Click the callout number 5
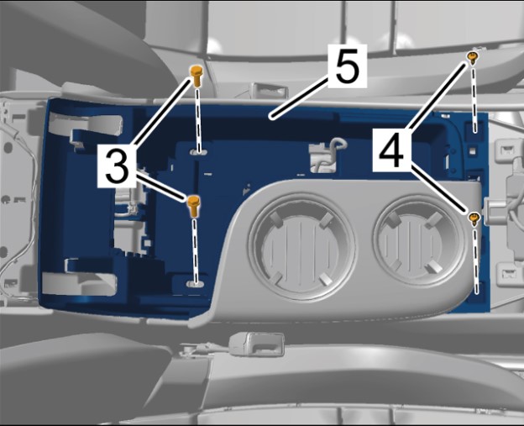coord(348,66)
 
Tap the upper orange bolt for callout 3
coord(196,76)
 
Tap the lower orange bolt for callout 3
coord(193,207)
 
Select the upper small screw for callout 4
coord(472,58)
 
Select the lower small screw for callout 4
coord(474,218)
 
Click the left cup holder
coord(301,245)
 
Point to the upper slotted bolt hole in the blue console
coord(198,152)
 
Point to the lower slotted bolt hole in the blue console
coord(195,284)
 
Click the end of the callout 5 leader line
coord(273,118)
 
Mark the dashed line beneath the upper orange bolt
coord(198,120)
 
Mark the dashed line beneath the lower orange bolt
coord(195,250)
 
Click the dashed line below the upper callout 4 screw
coord(474,99)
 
